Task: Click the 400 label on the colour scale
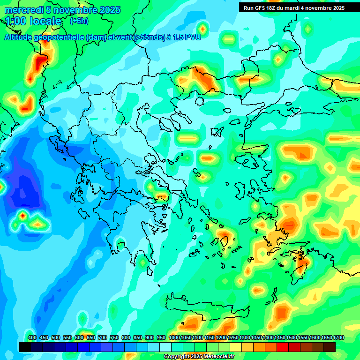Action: point(32,337)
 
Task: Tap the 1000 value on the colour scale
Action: point(174,337)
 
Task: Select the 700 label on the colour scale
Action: point(103,337)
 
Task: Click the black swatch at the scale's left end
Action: point(25,347)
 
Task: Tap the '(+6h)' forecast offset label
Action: point(79,21)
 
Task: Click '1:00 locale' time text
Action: point(33,21)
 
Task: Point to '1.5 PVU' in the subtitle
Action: point(188,37)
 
